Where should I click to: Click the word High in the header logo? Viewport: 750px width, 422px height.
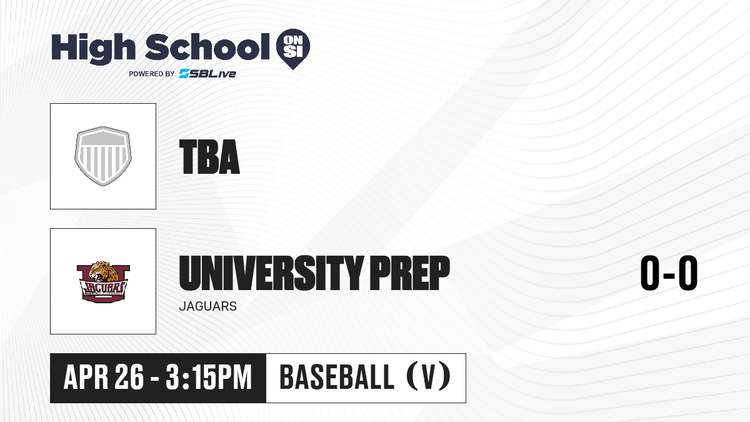tap(93, 49)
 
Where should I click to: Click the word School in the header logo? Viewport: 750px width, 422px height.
tap(207, 47)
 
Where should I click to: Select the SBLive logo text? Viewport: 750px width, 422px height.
tap(207, 73)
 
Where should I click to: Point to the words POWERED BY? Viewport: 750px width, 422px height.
tap(152, 74)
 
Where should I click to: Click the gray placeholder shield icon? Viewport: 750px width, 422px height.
tap(102, 156)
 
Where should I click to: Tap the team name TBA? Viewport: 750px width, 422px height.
tap(209, 157)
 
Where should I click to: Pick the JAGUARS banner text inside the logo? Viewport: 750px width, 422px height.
tap(104, 288)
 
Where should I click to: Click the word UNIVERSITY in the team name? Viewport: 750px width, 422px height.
tap(271, 273)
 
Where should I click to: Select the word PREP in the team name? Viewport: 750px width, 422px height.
tap(409, 273)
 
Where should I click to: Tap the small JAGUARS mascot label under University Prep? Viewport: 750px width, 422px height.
tap(208, 306)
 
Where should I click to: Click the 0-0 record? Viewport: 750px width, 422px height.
tap(669, 273)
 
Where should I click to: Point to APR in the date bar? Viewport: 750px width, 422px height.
tap(86, 377)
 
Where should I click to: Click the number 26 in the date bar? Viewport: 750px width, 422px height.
tap(129, 377)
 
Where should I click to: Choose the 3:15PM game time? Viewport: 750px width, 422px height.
tap(209, 377)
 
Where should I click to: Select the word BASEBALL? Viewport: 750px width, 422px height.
tap(337, 377)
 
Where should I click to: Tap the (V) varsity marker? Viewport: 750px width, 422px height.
tap(429, 377)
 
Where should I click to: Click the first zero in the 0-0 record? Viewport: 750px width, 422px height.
tap(650, 273)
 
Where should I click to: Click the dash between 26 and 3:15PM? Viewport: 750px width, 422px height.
tap(155, 378)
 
